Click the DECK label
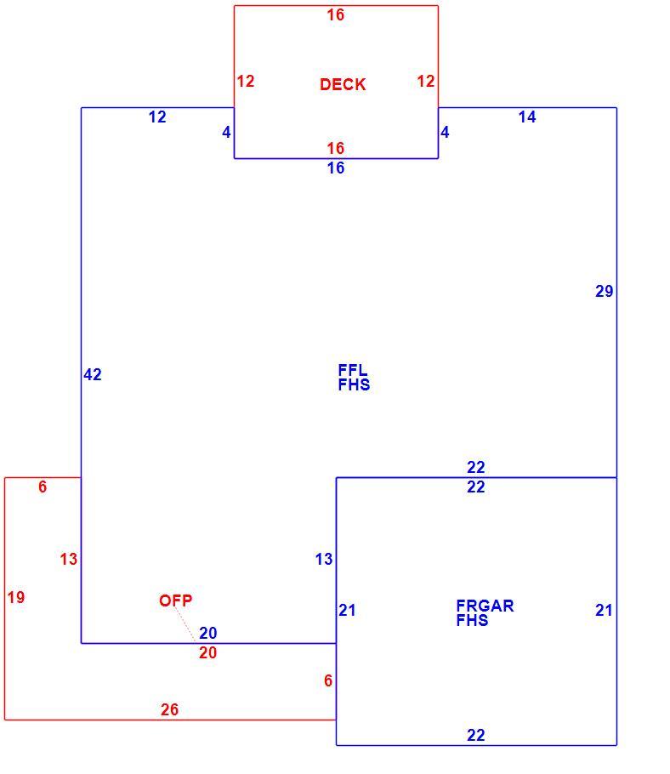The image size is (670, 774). (x=343, y=84)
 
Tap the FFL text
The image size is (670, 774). (x=352, y=370)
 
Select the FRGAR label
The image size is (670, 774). (x=485, y=606)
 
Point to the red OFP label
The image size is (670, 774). (x=176, y=600)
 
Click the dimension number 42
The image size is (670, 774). (x=93, y=374)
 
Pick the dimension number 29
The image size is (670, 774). (x=605, y=291)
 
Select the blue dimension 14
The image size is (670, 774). (x=527, y=117)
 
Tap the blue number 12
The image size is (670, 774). (x=157, y=117)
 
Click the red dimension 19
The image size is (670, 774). (x=16, y=597)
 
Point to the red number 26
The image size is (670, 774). (x=169, y=709)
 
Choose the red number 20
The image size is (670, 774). (x=208, y=652)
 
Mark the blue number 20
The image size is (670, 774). (x=208, y=633)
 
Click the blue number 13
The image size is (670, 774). (x=324, y=560)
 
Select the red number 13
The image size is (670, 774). (x=69, y=560)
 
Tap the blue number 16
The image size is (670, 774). (x=336, y=168)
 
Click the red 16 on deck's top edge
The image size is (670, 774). (x=336, y=14)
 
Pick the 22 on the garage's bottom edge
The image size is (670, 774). (x=476, y=735)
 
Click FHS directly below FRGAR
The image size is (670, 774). (x=472, y=620)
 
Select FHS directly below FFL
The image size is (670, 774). (x=354, y=384)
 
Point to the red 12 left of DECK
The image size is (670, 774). (x=246, y=81)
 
